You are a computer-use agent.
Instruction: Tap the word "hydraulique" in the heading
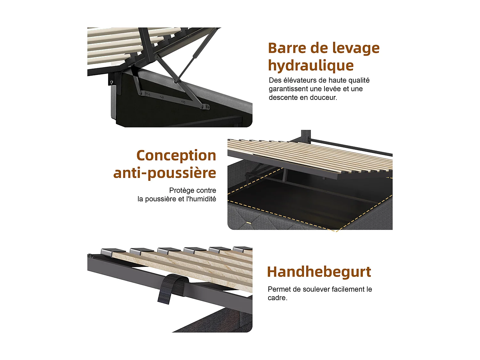tap(311, 66)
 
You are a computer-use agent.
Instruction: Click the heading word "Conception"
tap(176, 156)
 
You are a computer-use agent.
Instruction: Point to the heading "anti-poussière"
tap(164, 173)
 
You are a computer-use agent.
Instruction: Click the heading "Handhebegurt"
tap(319, 272)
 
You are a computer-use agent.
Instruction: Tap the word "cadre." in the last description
tap(277, 298)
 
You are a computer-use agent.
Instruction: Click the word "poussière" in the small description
tap(160, 199)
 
